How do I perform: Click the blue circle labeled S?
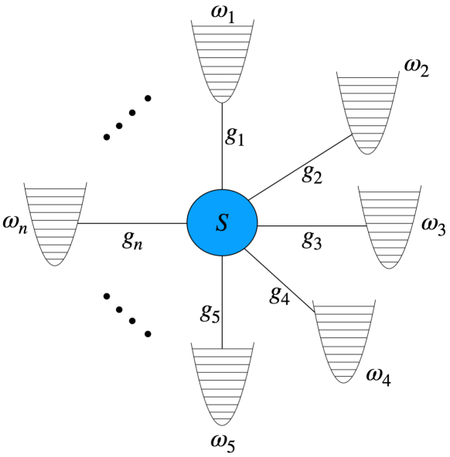point(223,224)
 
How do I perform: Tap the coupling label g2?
point(312,176)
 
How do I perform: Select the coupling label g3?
point(312,239)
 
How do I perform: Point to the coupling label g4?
point(279,293)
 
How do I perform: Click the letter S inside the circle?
point(223,225)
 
